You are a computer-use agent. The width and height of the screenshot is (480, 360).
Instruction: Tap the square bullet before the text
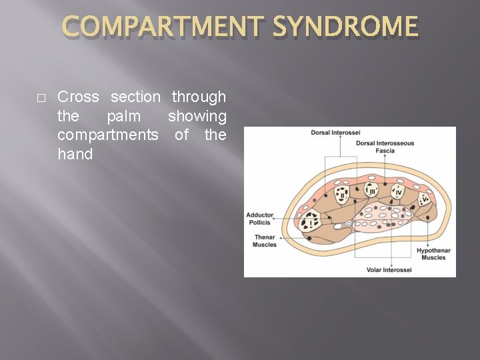pos(41,98)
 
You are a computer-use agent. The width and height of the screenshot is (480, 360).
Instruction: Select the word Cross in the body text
pos(79,97)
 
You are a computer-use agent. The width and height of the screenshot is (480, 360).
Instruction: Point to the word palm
pos(124,116)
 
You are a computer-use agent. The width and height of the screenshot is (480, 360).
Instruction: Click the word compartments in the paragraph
pos(108,135)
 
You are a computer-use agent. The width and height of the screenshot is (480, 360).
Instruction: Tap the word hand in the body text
pos(75,154)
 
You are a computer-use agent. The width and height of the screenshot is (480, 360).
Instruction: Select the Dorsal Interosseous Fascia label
pos(385,147)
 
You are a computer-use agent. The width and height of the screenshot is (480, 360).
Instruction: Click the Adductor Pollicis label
pos(259,219)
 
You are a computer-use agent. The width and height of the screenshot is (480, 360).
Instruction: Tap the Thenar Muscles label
pos(265,241)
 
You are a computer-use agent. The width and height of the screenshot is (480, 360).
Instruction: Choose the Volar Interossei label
pos(389,270)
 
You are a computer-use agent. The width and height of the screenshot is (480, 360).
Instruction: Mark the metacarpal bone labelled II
pos(342,195)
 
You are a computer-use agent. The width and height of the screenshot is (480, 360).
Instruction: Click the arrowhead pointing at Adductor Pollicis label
pos(275,215)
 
